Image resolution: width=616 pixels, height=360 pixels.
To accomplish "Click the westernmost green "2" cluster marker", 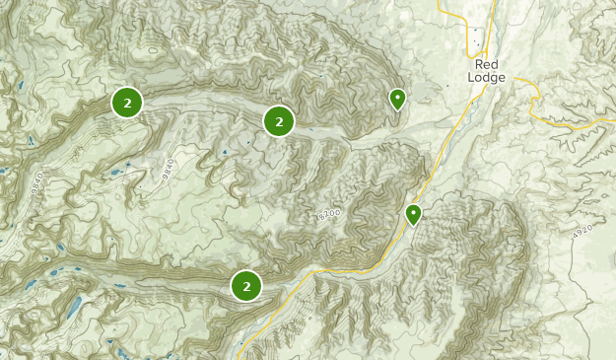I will coord(127,102).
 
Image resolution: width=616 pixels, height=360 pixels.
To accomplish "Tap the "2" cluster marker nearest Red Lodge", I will coord(279,121).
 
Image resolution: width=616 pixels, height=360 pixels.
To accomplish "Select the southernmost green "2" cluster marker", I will coord(246,286).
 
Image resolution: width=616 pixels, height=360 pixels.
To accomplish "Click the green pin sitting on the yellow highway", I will coord(414,214).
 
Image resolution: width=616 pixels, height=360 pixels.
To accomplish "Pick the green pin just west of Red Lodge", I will coord(397,99).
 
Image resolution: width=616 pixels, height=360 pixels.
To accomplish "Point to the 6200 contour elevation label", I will coord(329,214).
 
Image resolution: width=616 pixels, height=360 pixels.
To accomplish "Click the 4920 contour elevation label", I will coord(582,231).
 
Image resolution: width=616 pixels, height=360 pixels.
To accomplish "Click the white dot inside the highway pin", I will coord(414,211).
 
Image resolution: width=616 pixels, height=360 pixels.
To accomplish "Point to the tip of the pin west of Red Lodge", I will coord(397,109).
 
